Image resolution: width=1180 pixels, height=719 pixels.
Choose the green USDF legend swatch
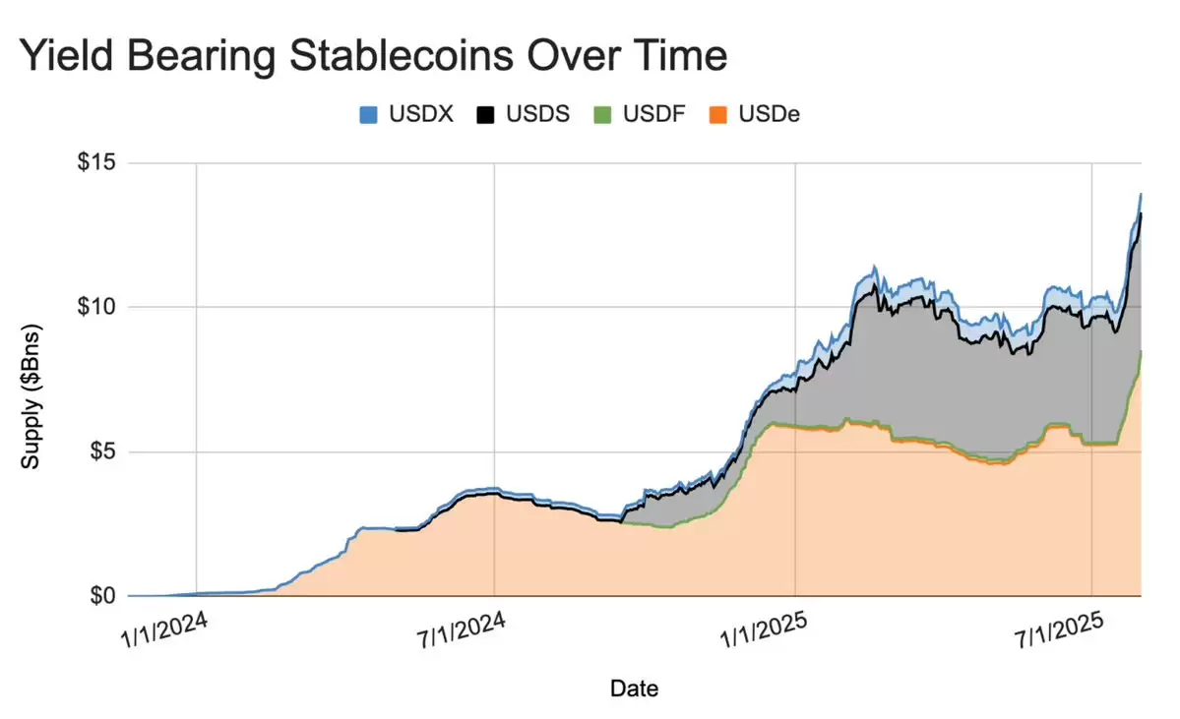point(601,115)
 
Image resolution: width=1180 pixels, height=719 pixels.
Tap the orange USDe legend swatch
point(717,115)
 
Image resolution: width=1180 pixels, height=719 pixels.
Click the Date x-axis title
point(634,689)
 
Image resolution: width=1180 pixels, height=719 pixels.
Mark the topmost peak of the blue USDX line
point(1140,195)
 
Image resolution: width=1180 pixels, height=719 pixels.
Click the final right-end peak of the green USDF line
point(1140,351)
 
